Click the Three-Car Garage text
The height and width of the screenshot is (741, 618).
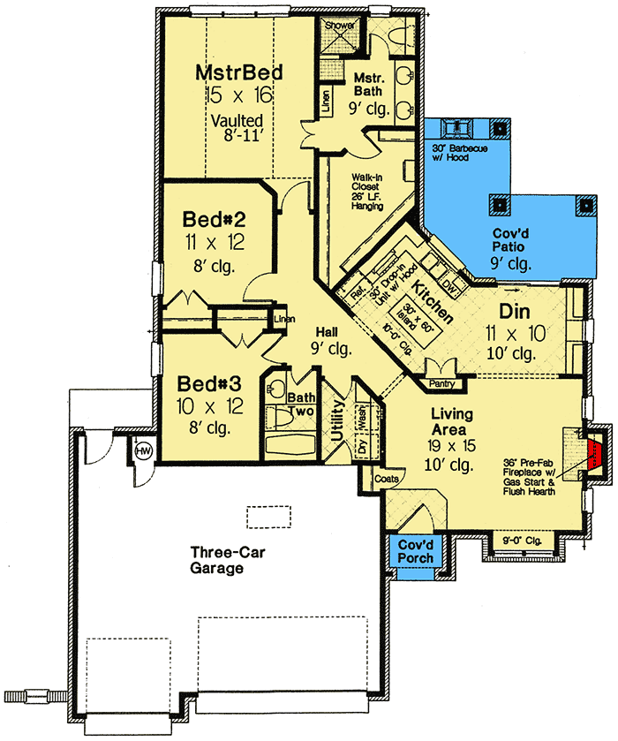click(217, 561)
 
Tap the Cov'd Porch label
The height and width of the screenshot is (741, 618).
click(414, 552)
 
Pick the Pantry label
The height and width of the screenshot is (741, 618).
click(441, 384)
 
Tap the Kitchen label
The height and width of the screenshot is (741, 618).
click(433, 302)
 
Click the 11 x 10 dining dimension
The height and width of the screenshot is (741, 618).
click(515, 333)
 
